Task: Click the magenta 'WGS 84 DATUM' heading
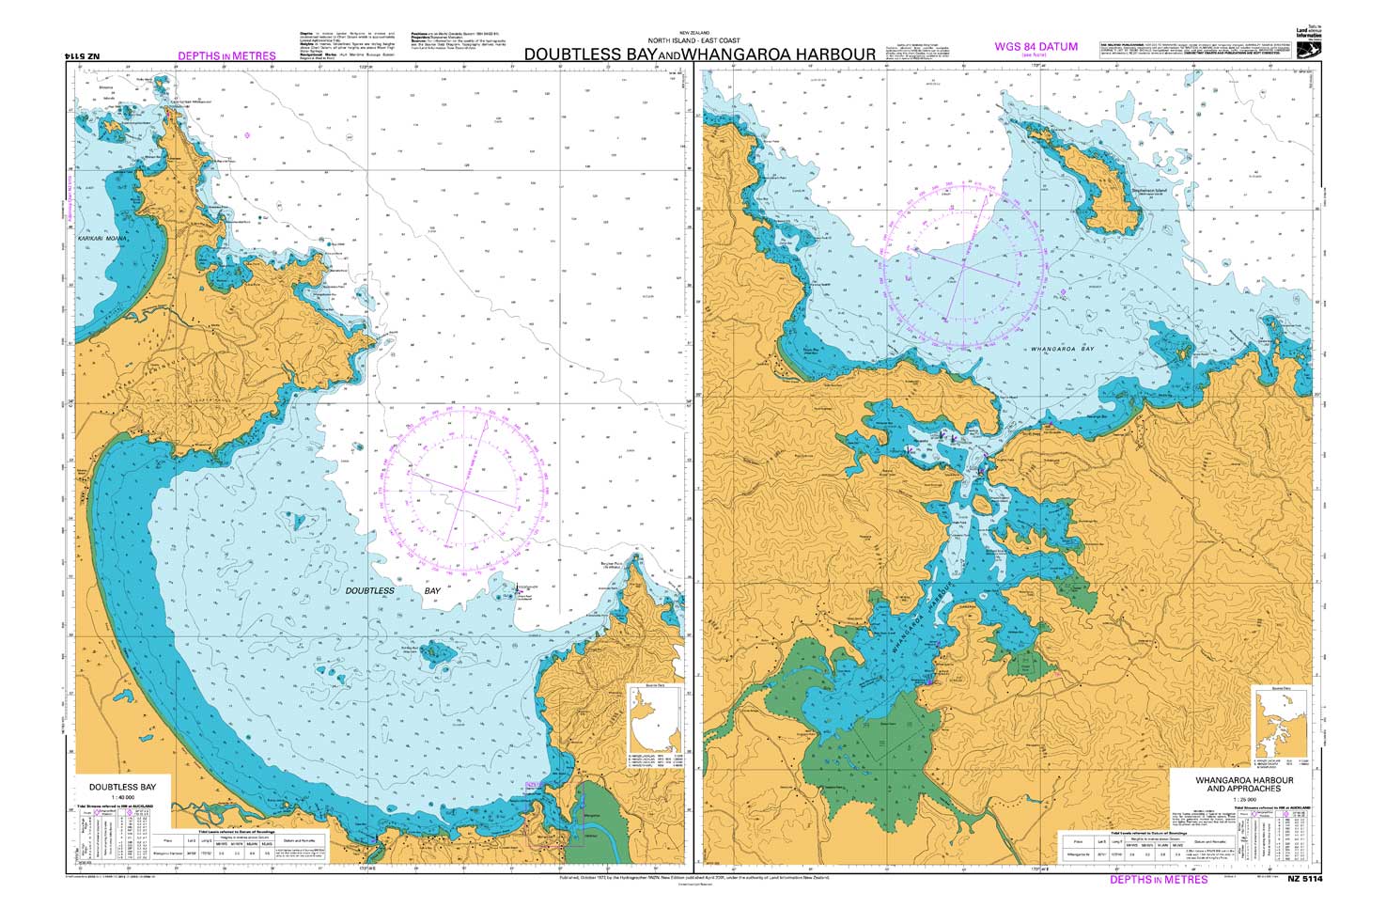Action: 1036,46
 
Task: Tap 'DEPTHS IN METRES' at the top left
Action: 226,56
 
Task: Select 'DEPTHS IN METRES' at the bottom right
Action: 1159,880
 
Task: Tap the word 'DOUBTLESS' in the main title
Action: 574,55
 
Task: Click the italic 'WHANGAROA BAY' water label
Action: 1063,349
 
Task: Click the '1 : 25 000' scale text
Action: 1243,800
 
